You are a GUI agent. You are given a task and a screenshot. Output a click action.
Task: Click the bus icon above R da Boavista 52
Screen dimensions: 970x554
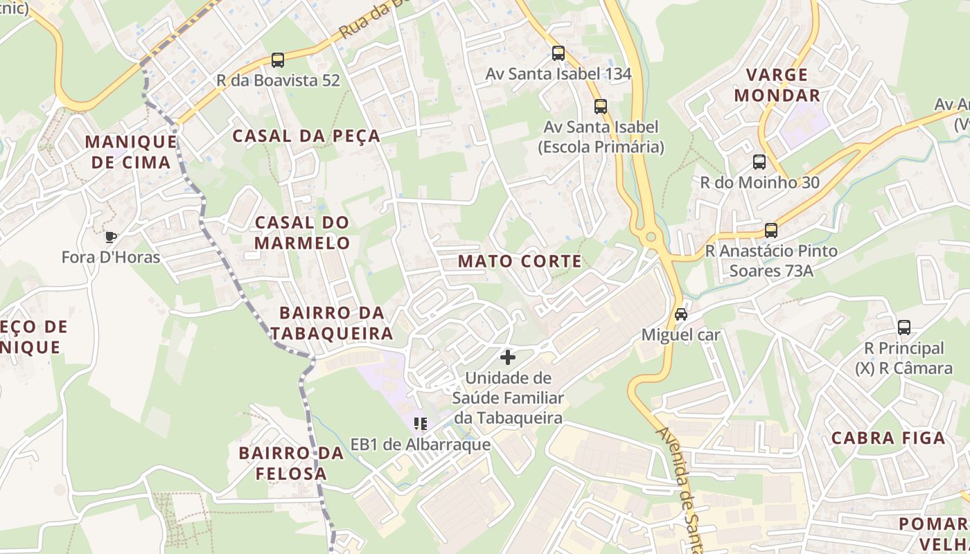pos(278,60)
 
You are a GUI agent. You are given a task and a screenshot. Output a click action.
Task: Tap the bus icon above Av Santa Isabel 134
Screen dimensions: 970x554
pos(558,53)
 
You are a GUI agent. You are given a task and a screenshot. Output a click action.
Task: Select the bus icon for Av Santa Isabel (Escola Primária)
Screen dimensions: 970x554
pos(601,107)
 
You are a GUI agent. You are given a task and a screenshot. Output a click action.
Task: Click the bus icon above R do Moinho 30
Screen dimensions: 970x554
pos(759,162)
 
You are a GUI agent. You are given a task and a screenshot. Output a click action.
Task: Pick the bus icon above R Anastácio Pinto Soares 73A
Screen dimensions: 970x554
pos(771,231)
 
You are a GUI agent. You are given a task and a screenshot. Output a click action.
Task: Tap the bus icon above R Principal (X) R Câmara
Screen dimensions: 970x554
pos(904,328)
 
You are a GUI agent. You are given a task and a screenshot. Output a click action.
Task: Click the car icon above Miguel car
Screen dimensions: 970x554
pos(681,314)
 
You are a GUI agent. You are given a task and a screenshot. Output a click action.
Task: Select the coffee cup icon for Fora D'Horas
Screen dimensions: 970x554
pos(110,237)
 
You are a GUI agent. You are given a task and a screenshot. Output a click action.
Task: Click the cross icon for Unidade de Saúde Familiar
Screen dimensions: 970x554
pos(508,357)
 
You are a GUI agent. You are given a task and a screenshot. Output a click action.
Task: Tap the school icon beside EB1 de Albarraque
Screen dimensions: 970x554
pos(420,424)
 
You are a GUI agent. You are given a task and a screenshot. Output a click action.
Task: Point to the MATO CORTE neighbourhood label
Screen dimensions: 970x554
pos(520,261)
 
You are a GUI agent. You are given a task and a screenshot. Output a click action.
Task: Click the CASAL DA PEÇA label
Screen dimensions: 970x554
pos(306,136)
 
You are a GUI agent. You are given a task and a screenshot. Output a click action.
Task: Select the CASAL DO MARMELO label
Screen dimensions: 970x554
pos(302,233)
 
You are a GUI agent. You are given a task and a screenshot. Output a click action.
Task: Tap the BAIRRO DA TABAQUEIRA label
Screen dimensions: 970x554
pos(332,323)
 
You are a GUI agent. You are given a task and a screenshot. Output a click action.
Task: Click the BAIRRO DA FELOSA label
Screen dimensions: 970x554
pos(291,463)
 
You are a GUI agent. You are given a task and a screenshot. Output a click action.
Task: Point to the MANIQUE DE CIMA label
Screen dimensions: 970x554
pos(130,152)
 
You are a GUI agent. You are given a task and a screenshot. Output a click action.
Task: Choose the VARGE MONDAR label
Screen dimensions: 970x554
pos(777,84)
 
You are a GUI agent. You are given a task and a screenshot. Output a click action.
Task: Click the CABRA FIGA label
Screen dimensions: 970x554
pos(888,438)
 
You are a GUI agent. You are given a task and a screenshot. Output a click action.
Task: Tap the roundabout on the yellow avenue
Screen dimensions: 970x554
pos(651,238)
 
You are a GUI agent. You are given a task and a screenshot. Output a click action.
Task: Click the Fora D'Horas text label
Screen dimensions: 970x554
pos(111,258)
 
